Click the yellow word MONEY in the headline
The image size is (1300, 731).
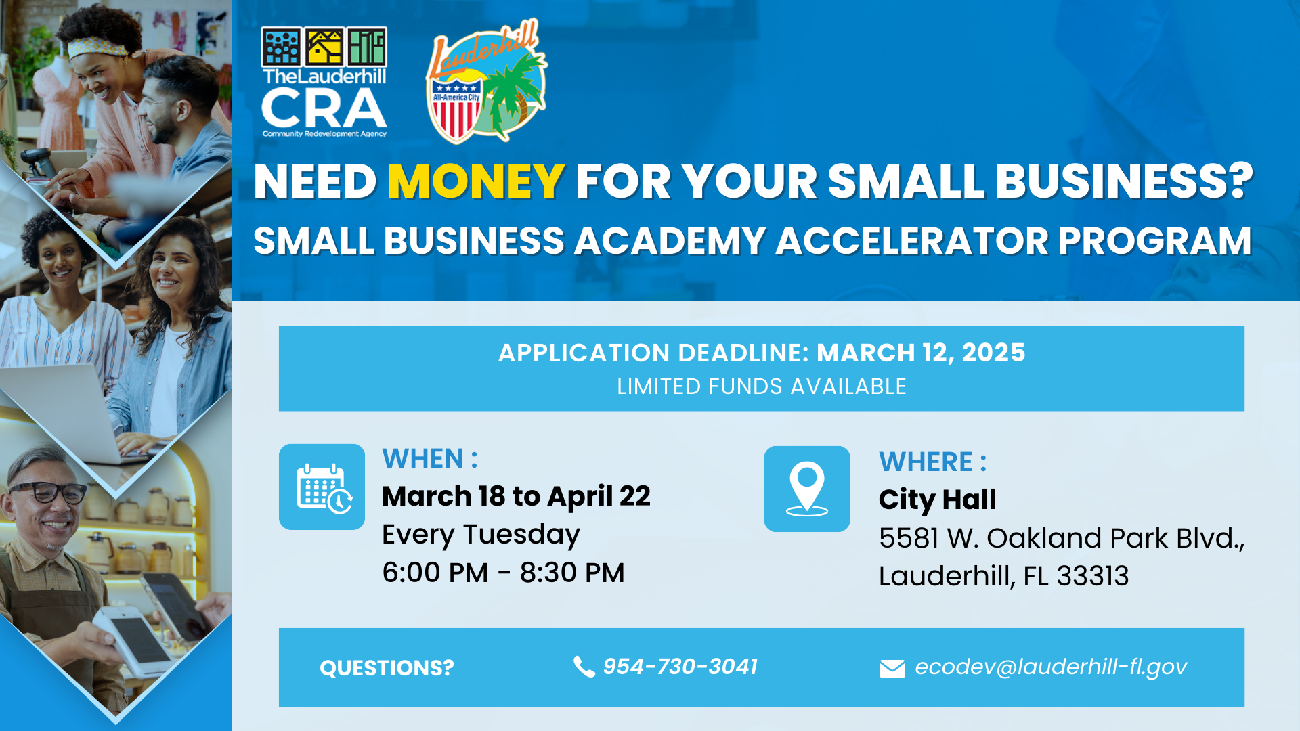coord(476,181)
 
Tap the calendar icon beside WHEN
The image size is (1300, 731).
coord(322,487)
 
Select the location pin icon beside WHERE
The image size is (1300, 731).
coord(806,489)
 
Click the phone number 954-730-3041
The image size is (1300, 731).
coord(680,667)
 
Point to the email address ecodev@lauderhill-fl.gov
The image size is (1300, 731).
coord(1050,667)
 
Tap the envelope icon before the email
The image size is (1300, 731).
coord(892,669)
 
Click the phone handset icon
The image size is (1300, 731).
coord(583,667)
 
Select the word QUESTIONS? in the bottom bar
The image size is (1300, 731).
coord(387,668)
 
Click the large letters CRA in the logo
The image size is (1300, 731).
coord(324,109)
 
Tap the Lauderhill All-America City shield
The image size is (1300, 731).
coord(456,108)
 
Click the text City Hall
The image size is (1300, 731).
coord(937,500)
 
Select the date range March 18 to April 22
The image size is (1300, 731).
coord(516,496)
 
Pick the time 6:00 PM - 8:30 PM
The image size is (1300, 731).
coord(503,573)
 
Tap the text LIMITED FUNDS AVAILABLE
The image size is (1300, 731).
coord(761,386)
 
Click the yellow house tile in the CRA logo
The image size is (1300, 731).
coord(324,47)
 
